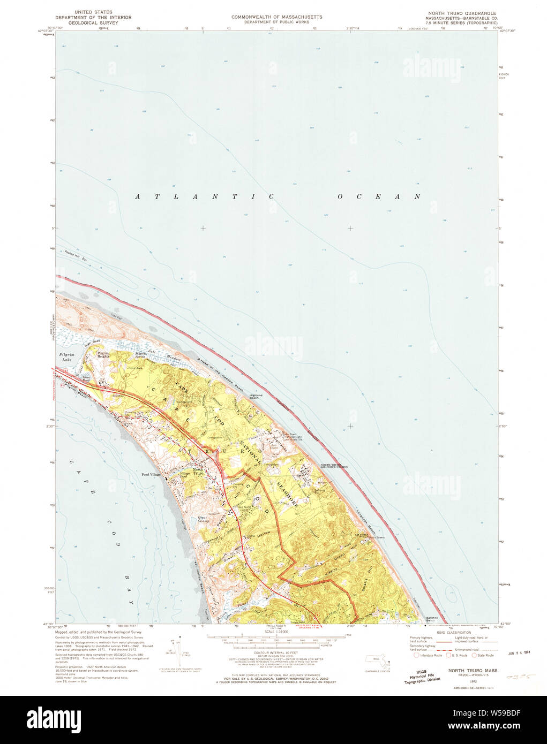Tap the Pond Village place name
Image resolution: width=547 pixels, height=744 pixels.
(x=151, y=475)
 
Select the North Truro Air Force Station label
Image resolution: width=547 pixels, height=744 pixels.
(x=334, y=466)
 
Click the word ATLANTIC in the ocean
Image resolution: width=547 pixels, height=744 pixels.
(x=204, y=197)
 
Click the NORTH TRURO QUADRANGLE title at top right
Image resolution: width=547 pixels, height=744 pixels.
(x=461, y=13)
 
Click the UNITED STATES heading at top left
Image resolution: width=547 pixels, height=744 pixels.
(x=90, y=11)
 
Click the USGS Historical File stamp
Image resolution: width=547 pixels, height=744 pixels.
(x=422, y=677)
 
